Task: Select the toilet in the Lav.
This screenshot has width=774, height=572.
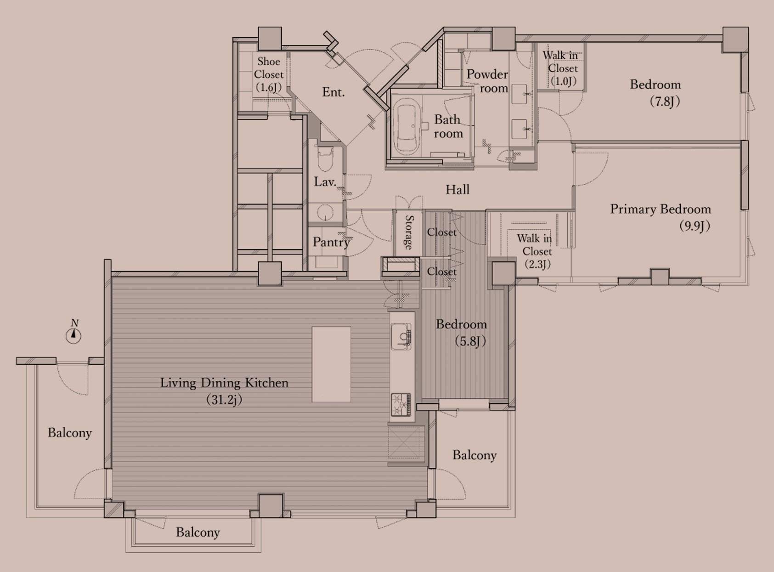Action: (326, 159)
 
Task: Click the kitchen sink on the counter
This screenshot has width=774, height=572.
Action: (401, 336)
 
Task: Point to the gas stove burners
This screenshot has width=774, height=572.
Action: (401, 404)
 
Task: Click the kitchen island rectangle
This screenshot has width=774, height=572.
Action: (331, 364)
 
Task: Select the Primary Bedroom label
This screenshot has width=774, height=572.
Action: (660, 209)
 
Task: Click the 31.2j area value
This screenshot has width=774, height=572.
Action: (224, 399)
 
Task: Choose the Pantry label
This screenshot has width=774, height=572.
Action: (331, 242)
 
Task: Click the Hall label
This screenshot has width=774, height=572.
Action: (458, 189)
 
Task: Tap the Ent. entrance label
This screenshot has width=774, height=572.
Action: (333, 92)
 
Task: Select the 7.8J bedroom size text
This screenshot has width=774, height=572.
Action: (665, 102)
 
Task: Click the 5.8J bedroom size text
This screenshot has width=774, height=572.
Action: (470, 341)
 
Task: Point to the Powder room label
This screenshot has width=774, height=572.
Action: (487, 81)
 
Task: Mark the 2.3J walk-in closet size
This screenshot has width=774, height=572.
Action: (538, 264)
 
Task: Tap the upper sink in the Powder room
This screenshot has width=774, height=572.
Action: (520, 94)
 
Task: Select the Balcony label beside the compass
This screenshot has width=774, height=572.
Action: (70, 433)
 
